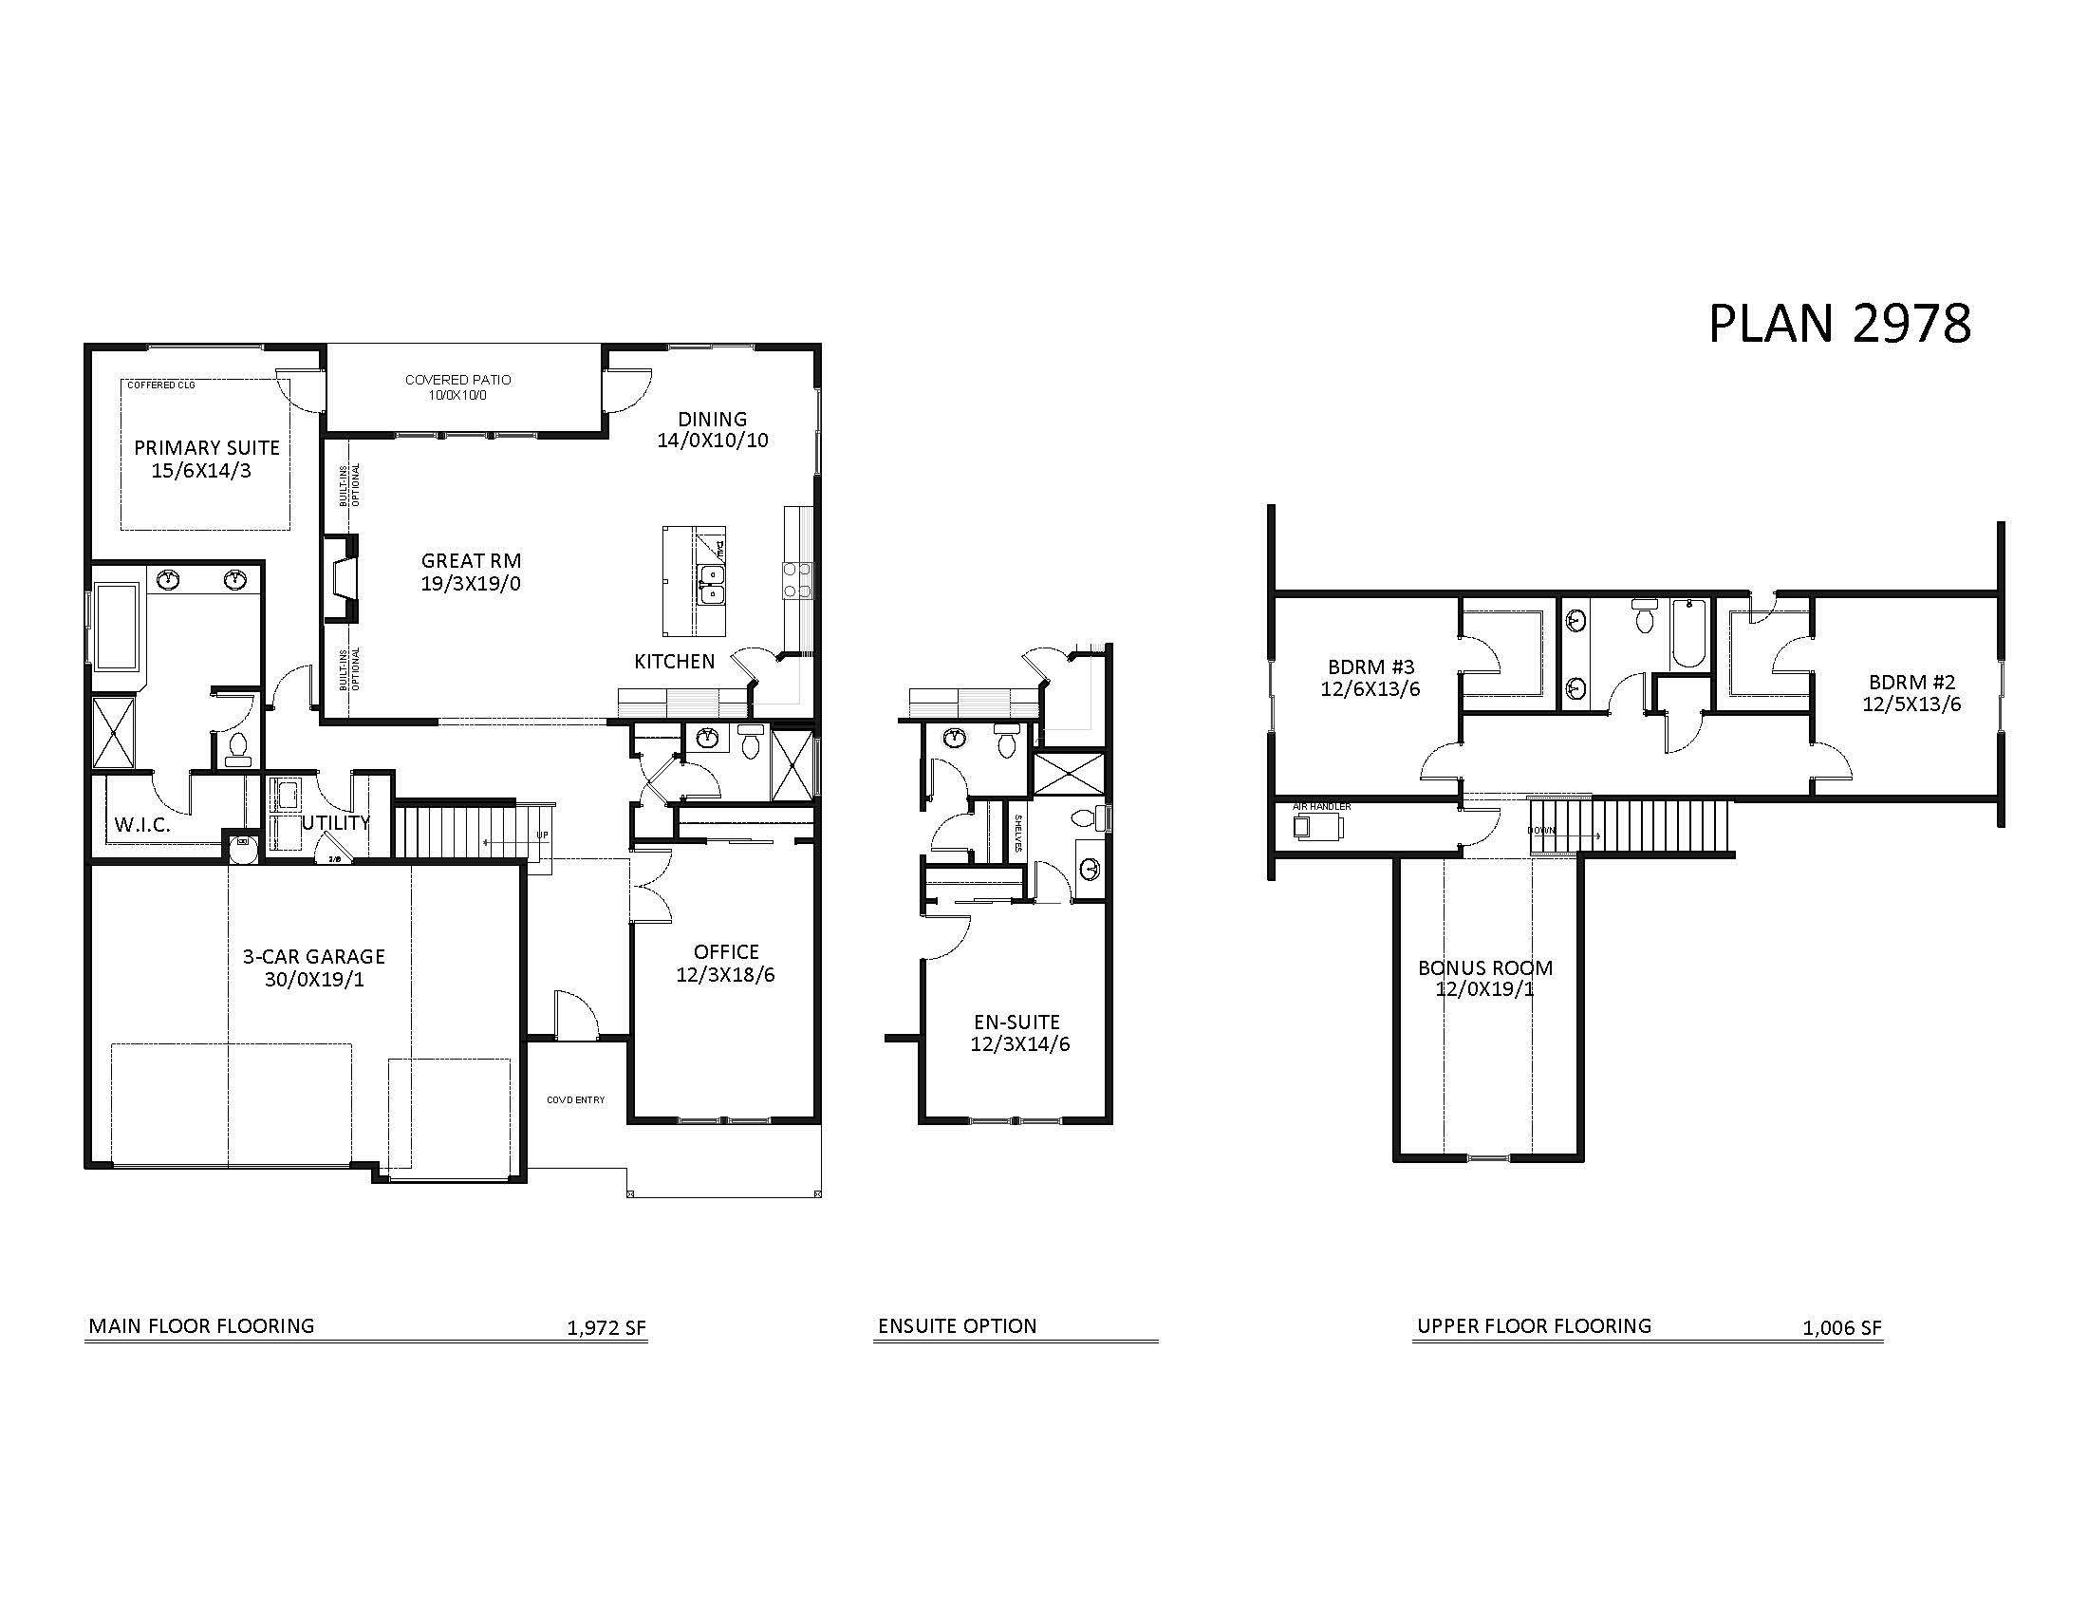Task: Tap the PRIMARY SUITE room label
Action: point(207,447)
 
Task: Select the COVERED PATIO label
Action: point(458,380)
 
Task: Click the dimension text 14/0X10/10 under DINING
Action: point(712,441)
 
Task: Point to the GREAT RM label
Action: point(472,561)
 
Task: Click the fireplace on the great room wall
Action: point(342,578)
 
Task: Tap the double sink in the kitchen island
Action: point(710,584)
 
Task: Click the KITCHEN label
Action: point(674,662)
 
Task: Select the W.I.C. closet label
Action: point(142,825)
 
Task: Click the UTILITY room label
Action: point(336,822)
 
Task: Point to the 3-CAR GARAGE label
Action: point(313,956)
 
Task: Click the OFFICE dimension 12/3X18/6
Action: point(725,975)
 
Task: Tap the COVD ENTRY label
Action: point(575,1099)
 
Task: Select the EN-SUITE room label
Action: point(1016,1023)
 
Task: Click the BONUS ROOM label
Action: point(1484,967)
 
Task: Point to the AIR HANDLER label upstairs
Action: point(1321,807)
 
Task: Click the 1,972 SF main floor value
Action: point(606,1328)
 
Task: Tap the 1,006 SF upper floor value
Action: point(1841,1328)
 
